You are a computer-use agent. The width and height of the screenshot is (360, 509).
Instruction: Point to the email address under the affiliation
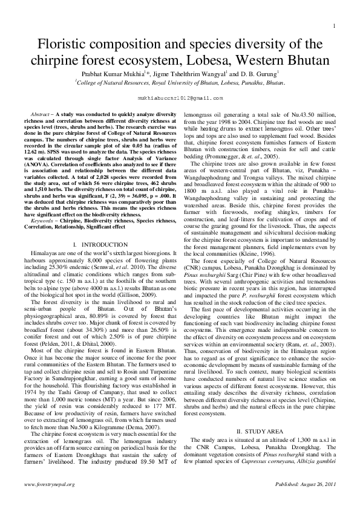click(x=180, y=97)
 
